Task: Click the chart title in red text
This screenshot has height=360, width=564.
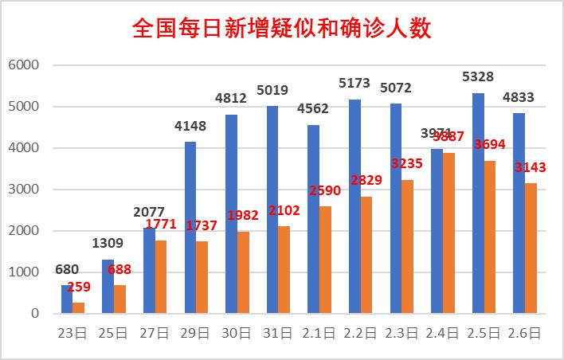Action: pos(281,29)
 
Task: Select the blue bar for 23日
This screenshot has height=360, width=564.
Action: pos(67,299)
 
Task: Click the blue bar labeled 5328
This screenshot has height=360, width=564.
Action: pos(478,203)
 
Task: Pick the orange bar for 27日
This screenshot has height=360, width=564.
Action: pos(162,277)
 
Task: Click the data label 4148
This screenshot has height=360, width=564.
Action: pos(190,125)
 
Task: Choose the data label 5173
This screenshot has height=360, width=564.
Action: pos(354,83)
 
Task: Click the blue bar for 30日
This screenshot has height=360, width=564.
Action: pos(231,214)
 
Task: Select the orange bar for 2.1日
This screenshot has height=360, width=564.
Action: pos(326,260)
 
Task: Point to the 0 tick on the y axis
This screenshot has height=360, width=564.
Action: pos(34,314)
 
